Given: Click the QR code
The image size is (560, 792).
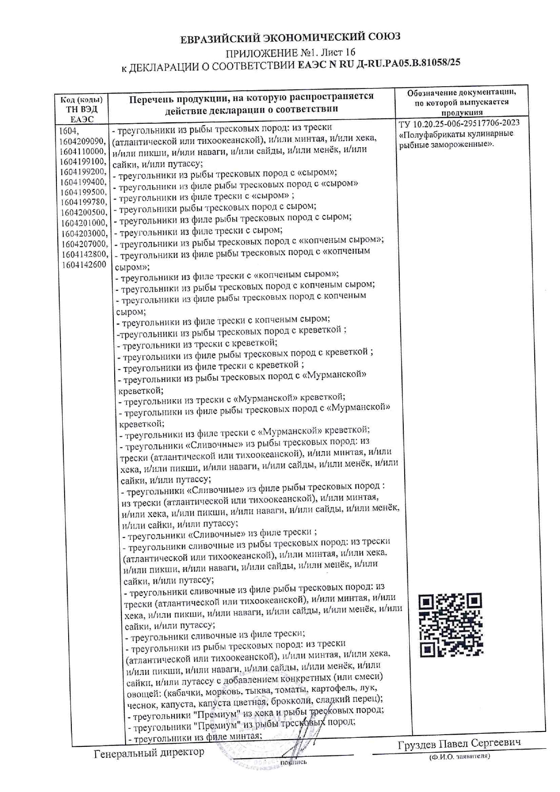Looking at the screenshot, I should tap(450, 625).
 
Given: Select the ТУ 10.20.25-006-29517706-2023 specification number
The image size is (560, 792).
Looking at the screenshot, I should tap(459, 123).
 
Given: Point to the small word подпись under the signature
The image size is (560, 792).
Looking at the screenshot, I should tap(293, 763).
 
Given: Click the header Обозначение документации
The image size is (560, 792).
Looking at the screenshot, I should tap(462, 93).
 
